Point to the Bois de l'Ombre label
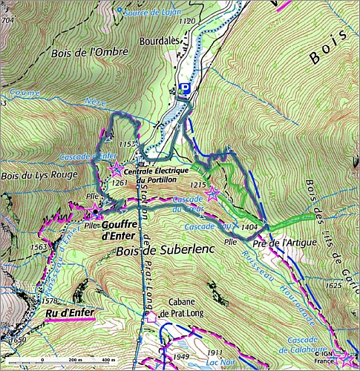pyautogui.click(x=82, y=53)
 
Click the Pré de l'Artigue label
pyautogui.click(x=284, y=242)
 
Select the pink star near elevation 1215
pyautogui.click(x=212, y=194)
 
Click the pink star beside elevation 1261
pyautogui.click(x=117, y=169)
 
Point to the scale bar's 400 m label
pyautogui.click(x=108, y=360)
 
